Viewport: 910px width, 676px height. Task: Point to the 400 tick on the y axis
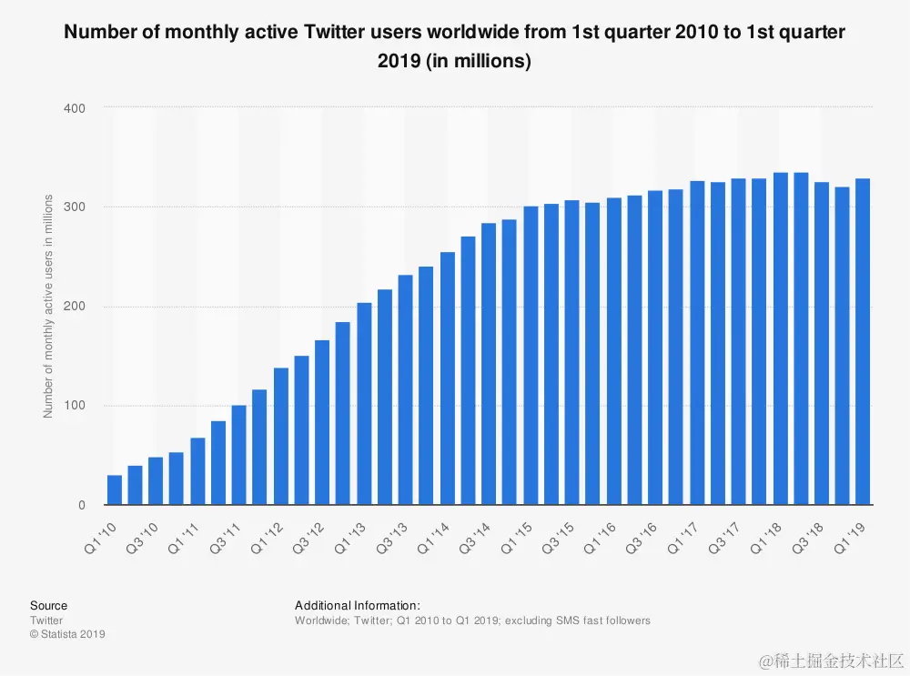coord(74,108)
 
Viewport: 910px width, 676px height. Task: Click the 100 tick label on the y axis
coord(74,406)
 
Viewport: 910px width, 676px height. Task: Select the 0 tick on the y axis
coord(81,505)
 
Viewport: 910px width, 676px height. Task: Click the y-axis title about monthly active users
coord(48,307)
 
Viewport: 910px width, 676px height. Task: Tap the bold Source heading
coord(48,606)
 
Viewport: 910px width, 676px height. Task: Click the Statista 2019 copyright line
coord(67,634)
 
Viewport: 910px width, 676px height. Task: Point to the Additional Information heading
coord(358,606)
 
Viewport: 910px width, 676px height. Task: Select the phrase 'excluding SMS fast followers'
coord(578,621)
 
